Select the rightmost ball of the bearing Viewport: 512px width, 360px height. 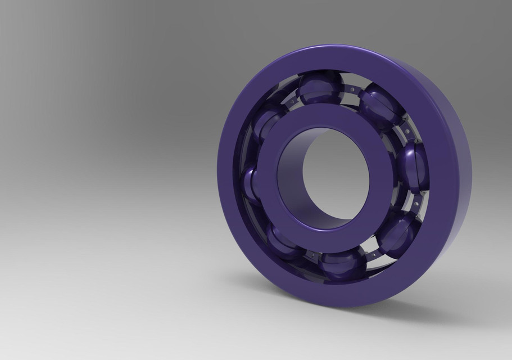coord(415,164)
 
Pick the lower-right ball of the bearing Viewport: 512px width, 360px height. coord(397,233)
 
